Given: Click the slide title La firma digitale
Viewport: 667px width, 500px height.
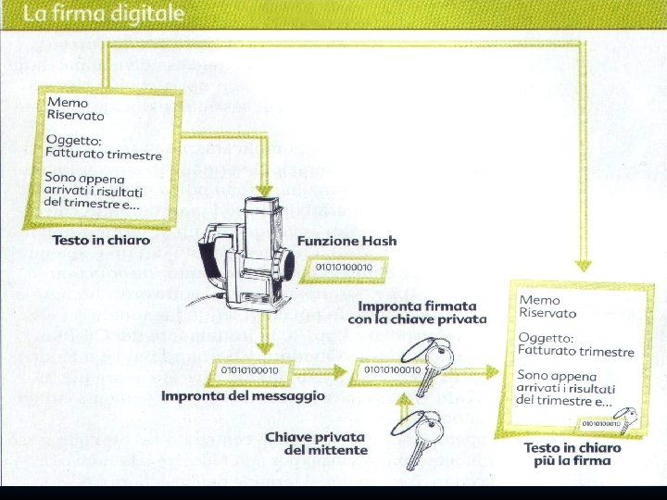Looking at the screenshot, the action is pos(104,15).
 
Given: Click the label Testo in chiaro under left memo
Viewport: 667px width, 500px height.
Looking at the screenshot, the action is pos(101,241).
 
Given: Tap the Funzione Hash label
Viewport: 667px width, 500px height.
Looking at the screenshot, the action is pos(346,241).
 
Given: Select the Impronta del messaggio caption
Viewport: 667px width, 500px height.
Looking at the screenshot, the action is pos(243,396).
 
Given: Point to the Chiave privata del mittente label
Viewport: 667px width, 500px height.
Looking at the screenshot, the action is pos(316,444).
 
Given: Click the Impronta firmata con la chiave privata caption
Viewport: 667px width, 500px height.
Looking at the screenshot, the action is pos(417,312).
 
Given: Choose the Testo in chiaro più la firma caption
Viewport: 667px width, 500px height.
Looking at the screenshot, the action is pos(572,454).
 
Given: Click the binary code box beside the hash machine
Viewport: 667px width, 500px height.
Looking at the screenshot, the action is pos(345,268).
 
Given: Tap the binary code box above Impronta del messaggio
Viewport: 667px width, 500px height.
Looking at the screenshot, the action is pos(251,370).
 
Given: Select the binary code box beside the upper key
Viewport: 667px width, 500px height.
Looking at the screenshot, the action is pos(392,369).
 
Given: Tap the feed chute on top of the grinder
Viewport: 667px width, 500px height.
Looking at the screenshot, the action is pos(260,209).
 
